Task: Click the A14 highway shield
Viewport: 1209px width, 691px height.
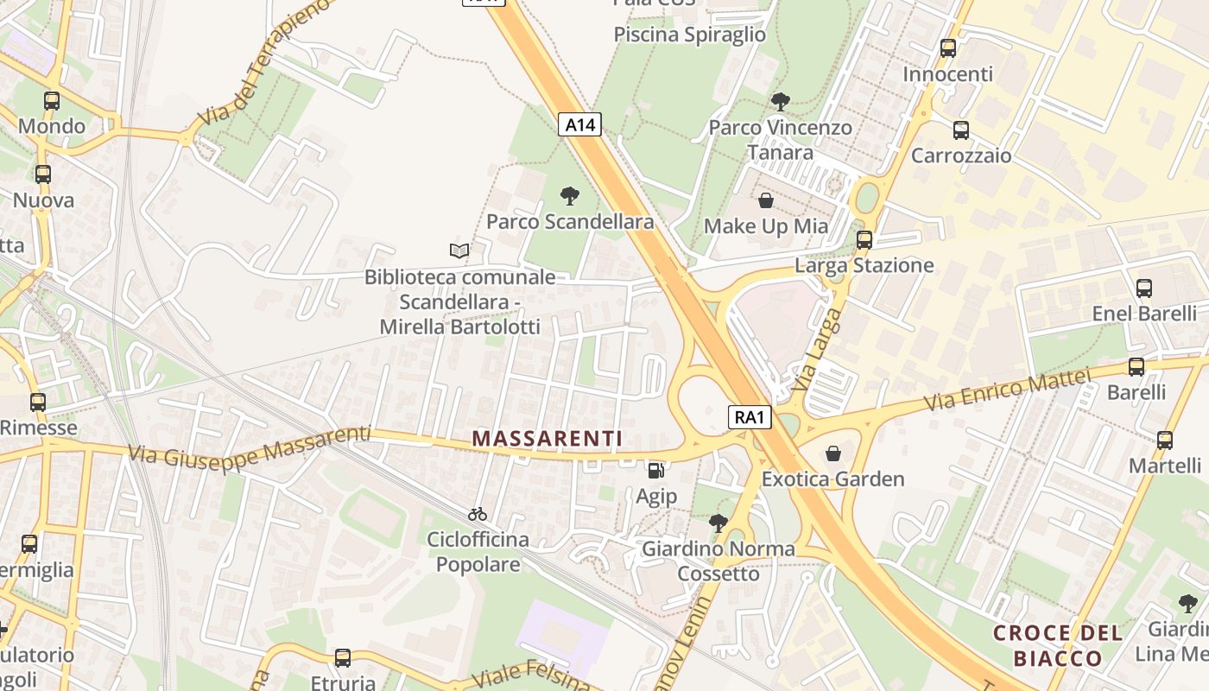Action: click(x=579, y=125)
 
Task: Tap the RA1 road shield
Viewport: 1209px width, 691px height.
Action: click(x=748, y=418)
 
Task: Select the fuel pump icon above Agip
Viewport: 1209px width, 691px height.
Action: click(x=656, y=471)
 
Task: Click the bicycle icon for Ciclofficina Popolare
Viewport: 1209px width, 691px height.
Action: click(x=478, y=514)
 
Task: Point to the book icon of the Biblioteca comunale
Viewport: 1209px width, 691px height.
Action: click(x=459, y=251)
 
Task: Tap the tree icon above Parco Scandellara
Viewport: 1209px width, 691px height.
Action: click(x=569, y=196)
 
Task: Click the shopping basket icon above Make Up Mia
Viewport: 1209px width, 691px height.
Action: click(x=765, y=201)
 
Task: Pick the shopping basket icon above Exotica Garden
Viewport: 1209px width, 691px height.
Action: click(x=833, y=453)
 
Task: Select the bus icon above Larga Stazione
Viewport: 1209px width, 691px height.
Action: click(x=864, y=239)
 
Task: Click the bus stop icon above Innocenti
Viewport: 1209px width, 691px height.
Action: click(x=948, y=48)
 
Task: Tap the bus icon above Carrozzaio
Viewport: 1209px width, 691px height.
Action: click(x=960, y=130)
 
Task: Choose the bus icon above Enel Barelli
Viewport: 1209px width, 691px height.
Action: click(x=1144, y=288)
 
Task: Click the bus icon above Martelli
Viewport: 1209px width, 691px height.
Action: click(x=1165, y=441)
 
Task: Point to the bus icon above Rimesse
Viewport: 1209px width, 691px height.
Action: click(x=37, y=403)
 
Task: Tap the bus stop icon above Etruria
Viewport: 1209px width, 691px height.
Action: click(x=343, y=658)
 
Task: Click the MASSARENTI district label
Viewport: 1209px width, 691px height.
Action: click(x=548, y=439)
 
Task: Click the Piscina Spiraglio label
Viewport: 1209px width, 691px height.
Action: click(x=689, y=35)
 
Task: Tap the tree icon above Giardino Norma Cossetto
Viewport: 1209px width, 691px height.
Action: click(x=718, y=523)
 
